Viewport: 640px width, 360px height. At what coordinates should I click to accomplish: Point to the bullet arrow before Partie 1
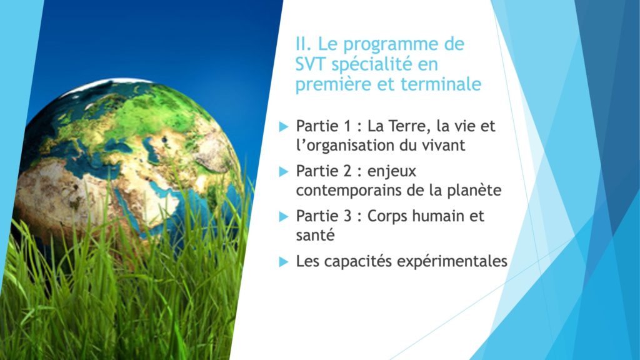pos(284,126)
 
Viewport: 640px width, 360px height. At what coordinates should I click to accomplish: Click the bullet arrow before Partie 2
pos(284,171)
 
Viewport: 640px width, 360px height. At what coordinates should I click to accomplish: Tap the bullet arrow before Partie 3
pos(284,216)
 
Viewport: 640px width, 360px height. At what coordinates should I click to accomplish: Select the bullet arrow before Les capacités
pos(284,262)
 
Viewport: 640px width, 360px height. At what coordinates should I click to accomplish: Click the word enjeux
pos(392,172)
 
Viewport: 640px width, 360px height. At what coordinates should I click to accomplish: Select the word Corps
pos(387,216)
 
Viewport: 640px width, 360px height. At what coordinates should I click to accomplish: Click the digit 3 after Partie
pos(347,216)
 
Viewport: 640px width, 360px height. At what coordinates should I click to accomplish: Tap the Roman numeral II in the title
pos(302,44)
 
